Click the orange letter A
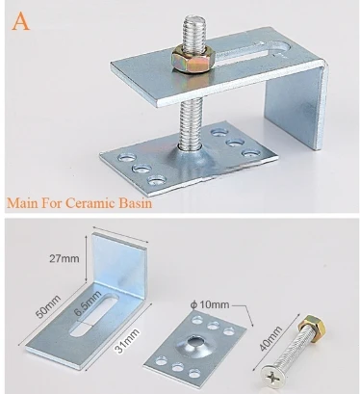[x=21, y=21]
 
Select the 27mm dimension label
[x=64, y=258]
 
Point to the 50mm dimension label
[x=48, y=306]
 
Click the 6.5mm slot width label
[x=88, y=302]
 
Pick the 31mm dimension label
[x=128, y=340]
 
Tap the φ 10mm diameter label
[x=210, y=304]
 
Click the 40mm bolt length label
[x=270, y=338]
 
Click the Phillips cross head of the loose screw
[x=271, y=376]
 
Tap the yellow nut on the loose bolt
[x=311, y=325]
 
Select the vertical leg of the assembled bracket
[x=296, y=106]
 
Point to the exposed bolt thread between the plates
[x=190, y=123]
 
